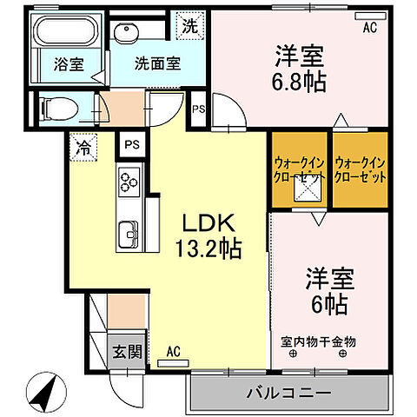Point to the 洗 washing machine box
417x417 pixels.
(189, 25)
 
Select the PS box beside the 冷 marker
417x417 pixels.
(131, 144)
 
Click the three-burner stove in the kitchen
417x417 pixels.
(130, 183)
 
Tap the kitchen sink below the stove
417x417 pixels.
(129, 232)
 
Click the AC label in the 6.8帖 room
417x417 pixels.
(370, 27)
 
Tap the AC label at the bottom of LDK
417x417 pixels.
(174, 352)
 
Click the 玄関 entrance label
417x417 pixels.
(125, 352)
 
